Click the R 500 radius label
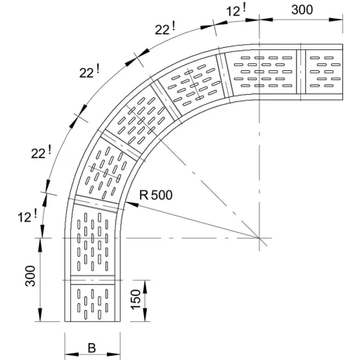[156, 195]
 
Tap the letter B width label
[91, 348]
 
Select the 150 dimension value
[136, 300]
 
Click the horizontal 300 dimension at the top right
[302, 10]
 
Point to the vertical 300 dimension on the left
[30, 276]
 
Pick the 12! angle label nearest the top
[236, 11]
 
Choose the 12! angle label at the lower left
[27, 217]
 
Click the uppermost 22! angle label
[165, 29]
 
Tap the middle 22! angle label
[89, 72]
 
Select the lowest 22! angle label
[41, 153]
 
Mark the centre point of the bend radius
[259, 238]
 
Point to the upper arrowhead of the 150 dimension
[146, 287]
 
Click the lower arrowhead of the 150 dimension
[146, 315]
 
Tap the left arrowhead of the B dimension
[72, 354]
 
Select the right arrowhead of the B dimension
[114, 354]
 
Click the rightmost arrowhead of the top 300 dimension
[336, 20]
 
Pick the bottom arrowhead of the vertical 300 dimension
[40, 314]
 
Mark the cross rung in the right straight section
[301, 72]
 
